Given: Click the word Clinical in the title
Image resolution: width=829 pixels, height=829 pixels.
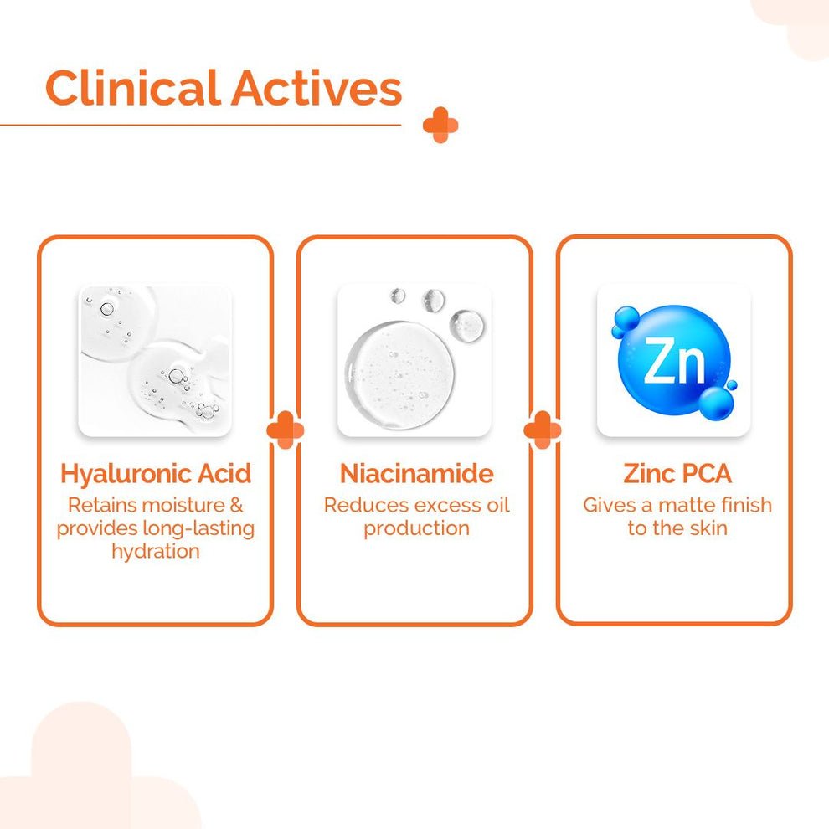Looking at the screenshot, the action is click(132, 87).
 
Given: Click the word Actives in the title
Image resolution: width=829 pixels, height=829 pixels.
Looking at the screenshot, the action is click(317, 88).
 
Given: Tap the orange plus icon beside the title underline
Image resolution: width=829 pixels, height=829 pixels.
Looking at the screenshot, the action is click(440, 126).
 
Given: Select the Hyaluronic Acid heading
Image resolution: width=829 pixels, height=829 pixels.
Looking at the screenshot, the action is click(156, 474).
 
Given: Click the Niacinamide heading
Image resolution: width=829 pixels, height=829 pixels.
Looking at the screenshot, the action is click(417, 473).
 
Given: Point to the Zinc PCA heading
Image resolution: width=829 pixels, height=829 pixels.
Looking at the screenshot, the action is click(677, 473).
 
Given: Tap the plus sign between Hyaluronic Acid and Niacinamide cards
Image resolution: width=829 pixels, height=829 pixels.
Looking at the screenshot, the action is click(286, 430).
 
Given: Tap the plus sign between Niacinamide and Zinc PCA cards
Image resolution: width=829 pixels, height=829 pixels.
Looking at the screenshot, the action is click(543, 430).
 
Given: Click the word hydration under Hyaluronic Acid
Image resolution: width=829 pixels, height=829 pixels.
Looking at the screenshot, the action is click(156, 552).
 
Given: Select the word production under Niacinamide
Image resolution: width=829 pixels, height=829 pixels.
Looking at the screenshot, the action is click(417, 528).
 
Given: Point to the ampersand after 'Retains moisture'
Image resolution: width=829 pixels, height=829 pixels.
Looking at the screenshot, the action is click(236, 505).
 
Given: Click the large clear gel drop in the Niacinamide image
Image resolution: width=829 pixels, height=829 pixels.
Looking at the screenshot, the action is click(399, 374).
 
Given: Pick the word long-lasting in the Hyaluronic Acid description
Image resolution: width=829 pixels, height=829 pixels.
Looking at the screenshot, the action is click(198, 528).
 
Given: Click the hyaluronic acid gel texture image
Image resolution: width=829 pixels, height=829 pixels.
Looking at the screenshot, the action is click(155, 361).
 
